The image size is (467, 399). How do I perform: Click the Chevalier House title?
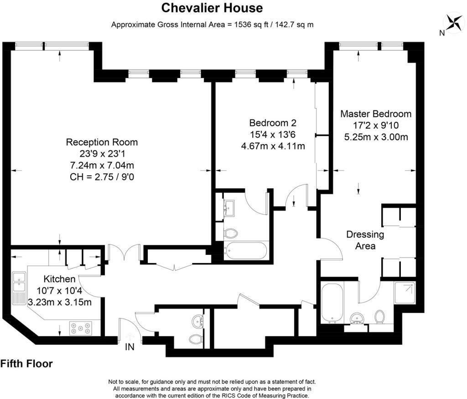[x=212, y=8]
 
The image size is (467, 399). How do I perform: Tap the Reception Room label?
[x=102, y=142]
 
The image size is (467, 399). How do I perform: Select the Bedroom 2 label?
[x=273, y=123]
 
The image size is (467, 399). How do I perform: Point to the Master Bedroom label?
[x=376, y=114]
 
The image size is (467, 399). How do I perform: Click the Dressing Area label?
[x=365, y=240]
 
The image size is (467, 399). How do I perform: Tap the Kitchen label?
[x=60, y=279]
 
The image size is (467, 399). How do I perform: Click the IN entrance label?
[x=130, y=347]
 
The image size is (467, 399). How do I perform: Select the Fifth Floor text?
[x=26, y=363]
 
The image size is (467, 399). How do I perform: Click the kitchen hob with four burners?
[x=80, y=328]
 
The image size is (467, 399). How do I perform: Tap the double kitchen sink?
[x=19, y=282]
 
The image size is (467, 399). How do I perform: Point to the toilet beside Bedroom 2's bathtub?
[x=230, y=233]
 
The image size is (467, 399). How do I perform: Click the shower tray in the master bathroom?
[x=405, y=292]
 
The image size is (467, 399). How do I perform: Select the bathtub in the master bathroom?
[x=332, y=303]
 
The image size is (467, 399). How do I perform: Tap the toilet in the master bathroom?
[x=379, y=317]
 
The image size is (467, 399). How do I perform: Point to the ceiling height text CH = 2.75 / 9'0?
[x=102, y=177]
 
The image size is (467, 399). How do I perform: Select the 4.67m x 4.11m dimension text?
[x=273, y=146]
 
